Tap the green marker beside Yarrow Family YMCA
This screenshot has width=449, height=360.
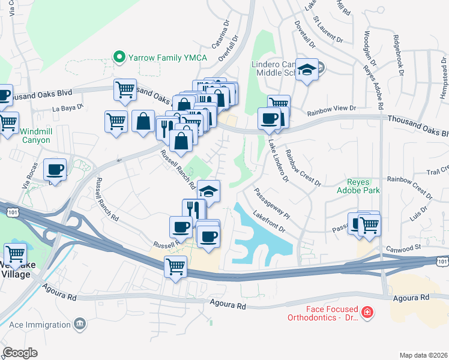click(x=119, y=58)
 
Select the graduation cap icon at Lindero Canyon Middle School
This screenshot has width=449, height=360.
click(x=307, y=71)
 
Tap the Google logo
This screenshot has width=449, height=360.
click(x=20, y=353)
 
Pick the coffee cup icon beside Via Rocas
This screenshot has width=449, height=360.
click(x=55, y=170)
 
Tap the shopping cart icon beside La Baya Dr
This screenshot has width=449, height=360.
click(x=116, y=121)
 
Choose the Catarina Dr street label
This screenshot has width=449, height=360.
click(x=220, y=35)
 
